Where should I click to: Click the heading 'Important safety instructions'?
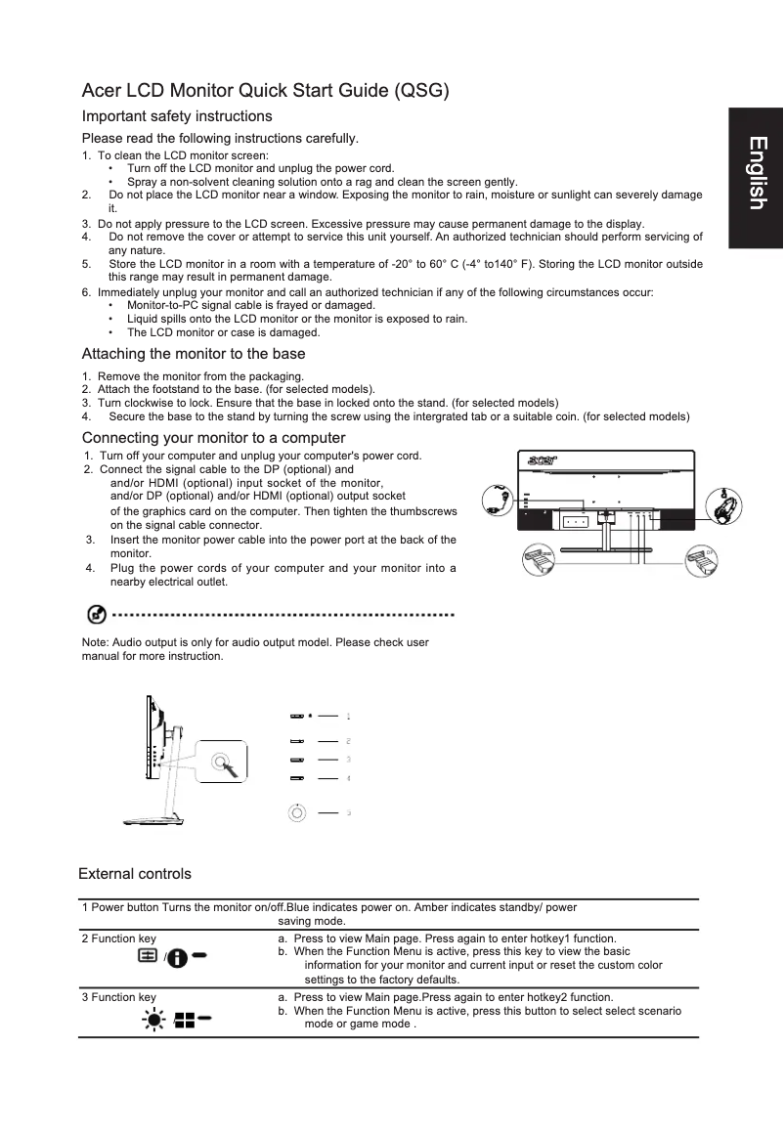(177, 116)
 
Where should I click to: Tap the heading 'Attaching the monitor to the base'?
(194, 354)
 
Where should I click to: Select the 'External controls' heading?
(135, 873)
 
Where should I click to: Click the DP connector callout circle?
(699, 561)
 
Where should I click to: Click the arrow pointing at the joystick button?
(231, 768)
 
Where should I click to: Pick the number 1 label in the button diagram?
(349, 716)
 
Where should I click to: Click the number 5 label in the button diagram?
(349, 812)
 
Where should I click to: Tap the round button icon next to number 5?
(297, 811)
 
